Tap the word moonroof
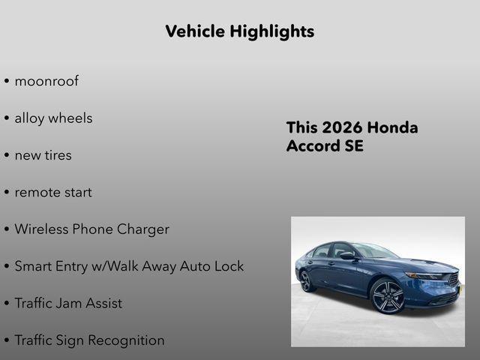click(x=46, y=81)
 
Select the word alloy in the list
click(x=30, y=118)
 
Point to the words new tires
click(x=43, y=155)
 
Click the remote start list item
click(x=53, y=192)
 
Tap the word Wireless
click(x=41, y=229)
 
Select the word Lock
click(x=229, y=266)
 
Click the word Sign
click(x=70, y=340)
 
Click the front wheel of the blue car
click(x=388, y=295)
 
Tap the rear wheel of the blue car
click(x=306, y=281)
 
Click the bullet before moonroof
click(x=7, y=82)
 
